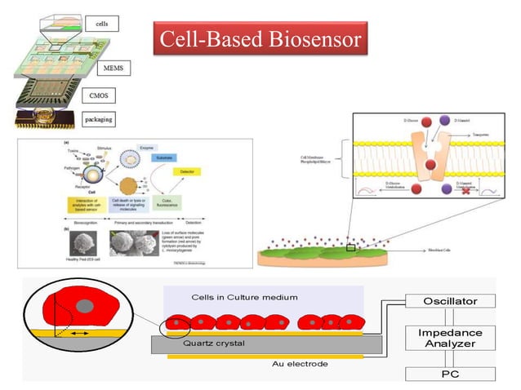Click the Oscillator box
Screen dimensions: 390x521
[450, 301]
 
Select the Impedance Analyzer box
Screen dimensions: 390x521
[450, 339]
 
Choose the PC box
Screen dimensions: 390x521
[450, 374]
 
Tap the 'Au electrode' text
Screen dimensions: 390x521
[300, 364]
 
